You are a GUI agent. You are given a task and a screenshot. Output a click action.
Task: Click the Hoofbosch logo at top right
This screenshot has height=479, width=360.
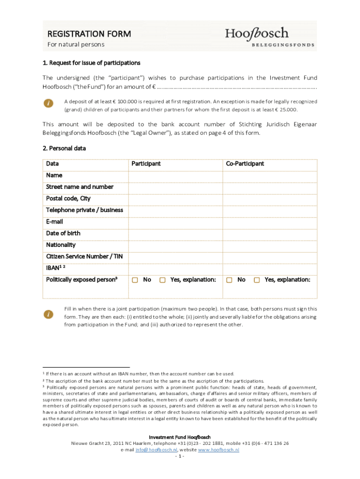269,37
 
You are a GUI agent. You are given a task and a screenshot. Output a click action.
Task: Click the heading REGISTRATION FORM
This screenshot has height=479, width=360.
89,34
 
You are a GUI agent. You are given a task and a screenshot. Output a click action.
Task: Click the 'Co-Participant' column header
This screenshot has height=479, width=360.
245,164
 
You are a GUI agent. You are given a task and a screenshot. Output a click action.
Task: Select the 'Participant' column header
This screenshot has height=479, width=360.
146,164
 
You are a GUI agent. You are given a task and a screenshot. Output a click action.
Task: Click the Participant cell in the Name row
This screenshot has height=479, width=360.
175,175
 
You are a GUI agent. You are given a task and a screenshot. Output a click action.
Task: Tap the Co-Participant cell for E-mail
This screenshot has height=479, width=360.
270,222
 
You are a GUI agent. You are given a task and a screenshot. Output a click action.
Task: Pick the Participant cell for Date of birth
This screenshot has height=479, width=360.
175,233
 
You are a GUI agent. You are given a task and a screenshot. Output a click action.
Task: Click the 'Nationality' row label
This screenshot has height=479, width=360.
61,245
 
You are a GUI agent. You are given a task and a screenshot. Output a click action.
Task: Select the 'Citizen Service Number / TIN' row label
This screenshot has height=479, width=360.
81,256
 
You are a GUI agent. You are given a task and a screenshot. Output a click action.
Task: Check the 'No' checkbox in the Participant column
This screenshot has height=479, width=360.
135,280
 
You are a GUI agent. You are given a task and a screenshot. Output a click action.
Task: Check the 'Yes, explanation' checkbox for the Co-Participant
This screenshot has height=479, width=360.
257,280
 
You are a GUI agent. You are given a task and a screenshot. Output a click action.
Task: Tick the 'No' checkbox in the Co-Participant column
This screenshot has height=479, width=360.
230,280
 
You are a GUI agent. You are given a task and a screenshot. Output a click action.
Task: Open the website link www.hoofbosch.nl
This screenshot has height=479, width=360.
219,450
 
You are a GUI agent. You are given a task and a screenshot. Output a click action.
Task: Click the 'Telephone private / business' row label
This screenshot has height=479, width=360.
85,210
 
